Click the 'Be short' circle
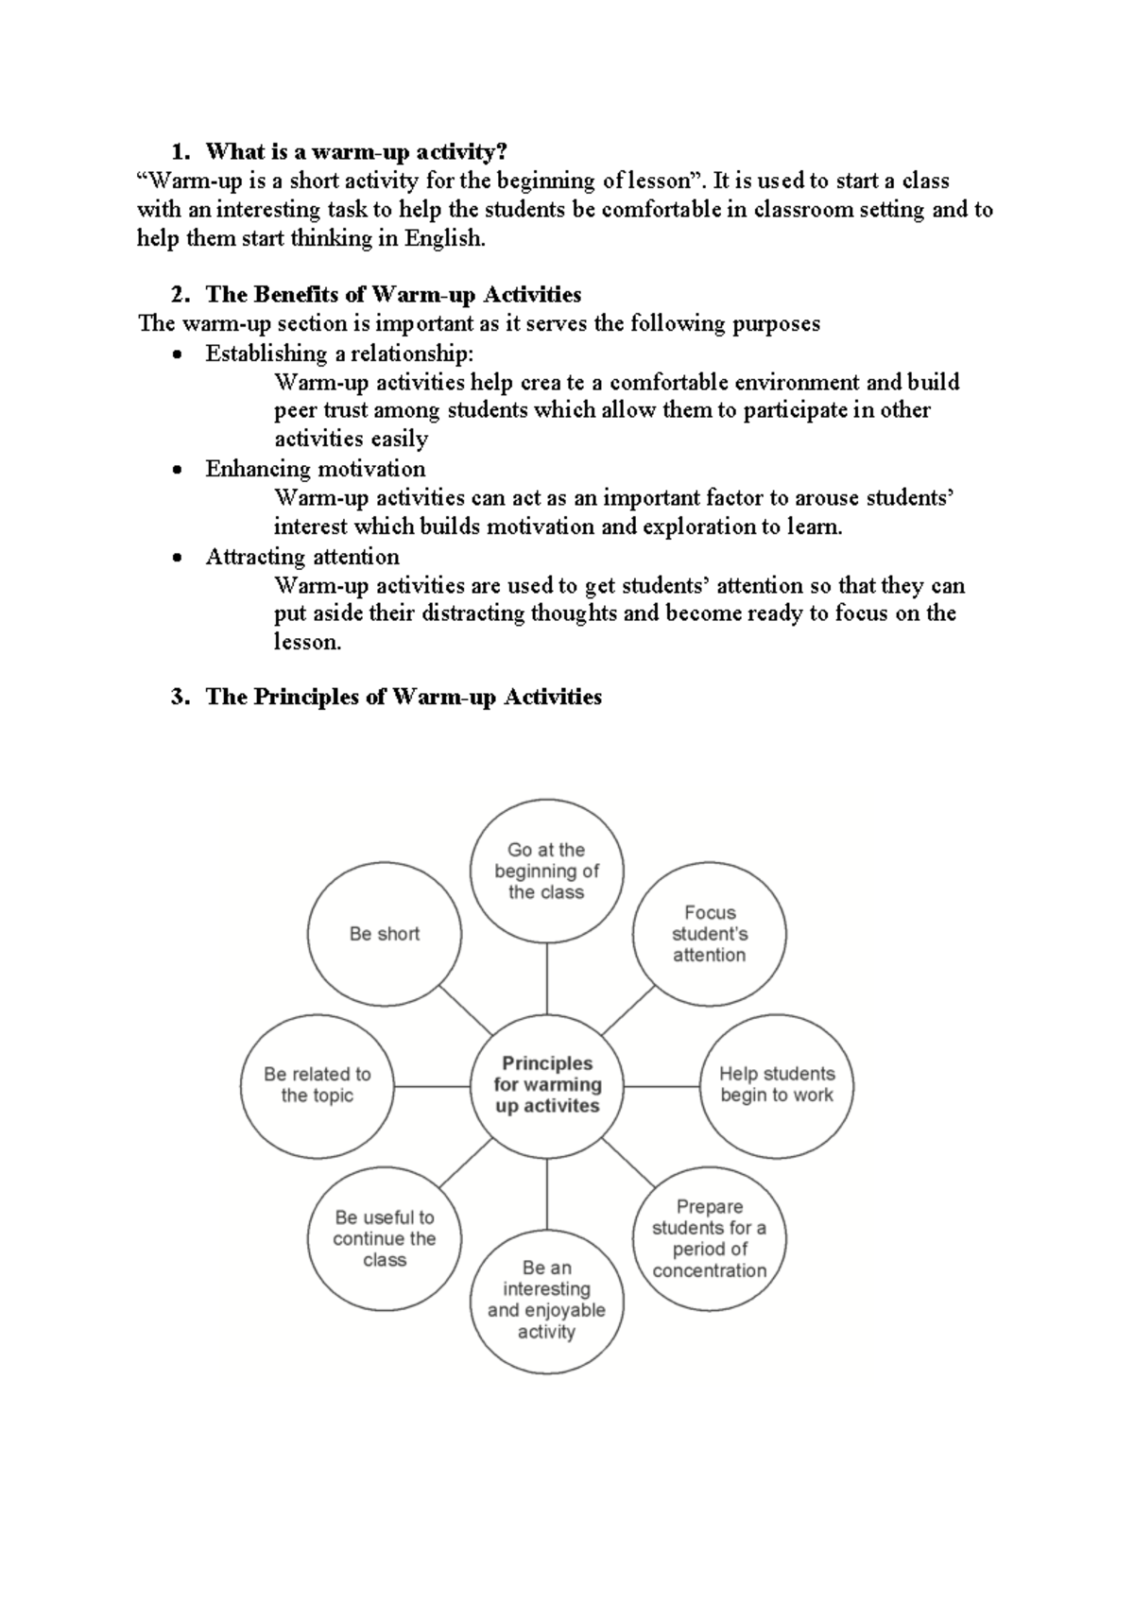pyautogui.click(x=385, y=934)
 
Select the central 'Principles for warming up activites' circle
pyautogui.click(x=547, y=1085)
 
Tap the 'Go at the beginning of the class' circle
pyautogui.click(x=547, y=871)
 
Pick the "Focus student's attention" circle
pyautogui.click(x=710, y=934)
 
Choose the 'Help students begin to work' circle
pyautogui.click(x=777, y=1085)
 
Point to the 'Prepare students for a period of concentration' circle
pyautogui.click(x=710, y=1237)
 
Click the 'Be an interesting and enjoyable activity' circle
pyautogui.click(x=547, y=1300)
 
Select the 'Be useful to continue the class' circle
pyautogui.click(x=385, y=1237)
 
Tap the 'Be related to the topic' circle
pyautogui.click(x=318, y=1085)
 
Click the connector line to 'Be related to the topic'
pyautogui.click(x=432, y=1086)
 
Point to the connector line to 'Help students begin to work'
pyautogui.click(x=661, y=1086)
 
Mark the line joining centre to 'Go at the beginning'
pyautogui.click(x=547, y=979)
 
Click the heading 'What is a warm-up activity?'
pyautogui.click(x=356, y=151)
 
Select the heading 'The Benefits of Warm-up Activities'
pyautogui.click(x=393, y=294)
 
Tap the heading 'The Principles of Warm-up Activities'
pyautogui.click(x=404, y=697)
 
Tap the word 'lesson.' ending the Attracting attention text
pyautogui.click(x=307, y=643)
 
